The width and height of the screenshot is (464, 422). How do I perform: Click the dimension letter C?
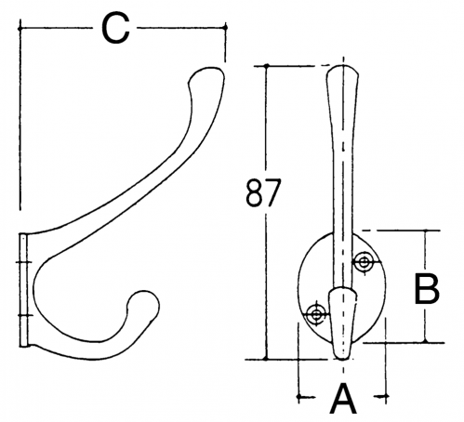pos(115,30)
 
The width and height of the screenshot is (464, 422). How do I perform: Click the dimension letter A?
pos(343,399)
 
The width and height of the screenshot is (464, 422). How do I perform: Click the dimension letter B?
pos(427,288)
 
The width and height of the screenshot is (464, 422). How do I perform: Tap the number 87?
pos(263,192)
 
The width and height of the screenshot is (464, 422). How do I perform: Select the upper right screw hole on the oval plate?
pos(363,262)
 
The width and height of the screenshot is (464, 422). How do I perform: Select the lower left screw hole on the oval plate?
pos(316,315)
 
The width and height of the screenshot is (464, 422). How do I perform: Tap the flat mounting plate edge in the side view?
pos(23,290)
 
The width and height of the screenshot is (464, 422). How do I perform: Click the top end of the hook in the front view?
pos(342,66)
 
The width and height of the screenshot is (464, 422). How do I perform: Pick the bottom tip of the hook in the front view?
pos(342,359)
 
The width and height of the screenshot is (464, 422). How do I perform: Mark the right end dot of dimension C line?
pos(225,28)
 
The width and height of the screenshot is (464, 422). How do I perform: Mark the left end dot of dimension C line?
pos(20,29)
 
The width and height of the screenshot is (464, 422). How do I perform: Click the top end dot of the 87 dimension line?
pos(267,66)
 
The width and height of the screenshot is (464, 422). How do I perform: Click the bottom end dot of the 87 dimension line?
pos(266,359)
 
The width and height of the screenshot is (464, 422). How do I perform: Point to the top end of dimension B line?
pos(426,231)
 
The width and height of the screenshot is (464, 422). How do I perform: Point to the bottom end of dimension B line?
pos(426,342)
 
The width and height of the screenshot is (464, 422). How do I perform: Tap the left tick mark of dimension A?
pos(298,396)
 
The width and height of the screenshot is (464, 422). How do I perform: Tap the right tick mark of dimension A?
pos(386,396)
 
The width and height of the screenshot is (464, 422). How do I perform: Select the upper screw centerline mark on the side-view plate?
pos(23,262)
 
